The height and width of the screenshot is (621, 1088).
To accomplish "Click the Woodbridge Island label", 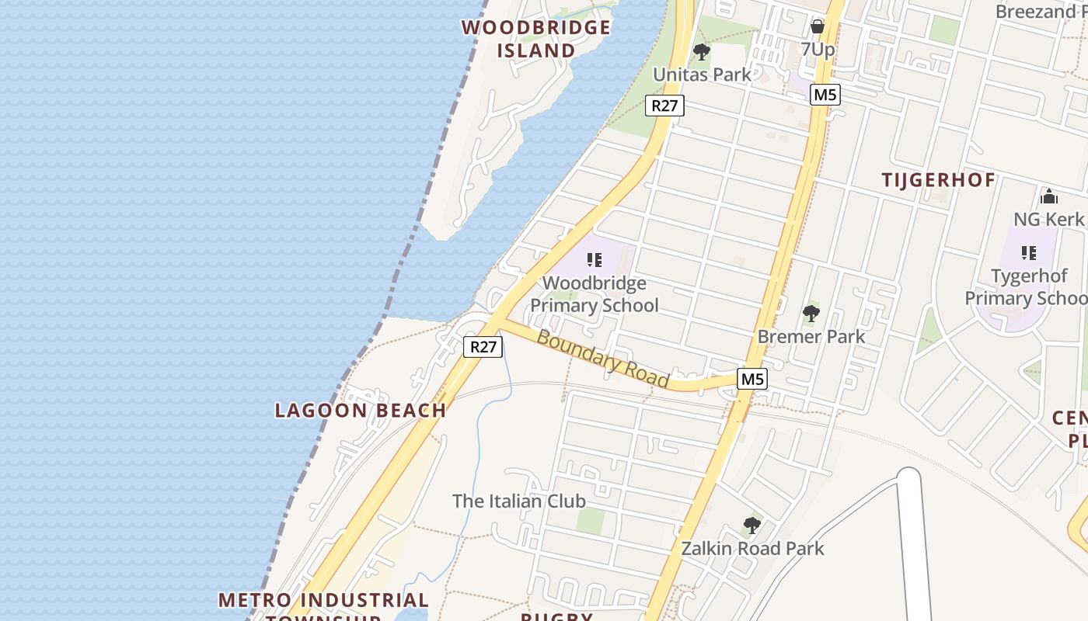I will click(536, 39).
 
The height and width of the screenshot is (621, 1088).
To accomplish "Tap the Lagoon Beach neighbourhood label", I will click(361, 410).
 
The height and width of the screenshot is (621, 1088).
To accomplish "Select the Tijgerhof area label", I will click(938, 180).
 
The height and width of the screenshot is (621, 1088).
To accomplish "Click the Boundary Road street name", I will click(603, 359).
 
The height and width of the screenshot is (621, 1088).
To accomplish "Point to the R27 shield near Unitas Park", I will click(664, 106).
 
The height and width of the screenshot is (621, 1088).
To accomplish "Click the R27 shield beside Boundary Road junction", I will click(483, 346).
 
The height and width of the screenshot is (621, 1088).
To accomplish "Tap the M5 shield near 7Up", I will click(825, 95).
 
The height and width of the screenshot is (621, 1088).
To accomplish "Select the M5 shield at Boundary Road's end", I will click(751, 379).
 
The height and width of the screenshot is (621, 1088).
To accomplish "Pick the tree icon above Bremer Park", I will click(811, 314).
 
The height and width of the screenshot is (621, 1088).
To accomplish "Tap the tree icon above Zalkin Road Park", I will click(751, 526).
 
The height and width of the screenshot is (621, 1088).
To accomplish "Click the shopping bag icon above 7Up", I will click(818, 26).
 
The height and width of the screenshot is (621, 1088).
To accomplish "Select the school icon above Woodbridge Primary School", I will click(595, 260).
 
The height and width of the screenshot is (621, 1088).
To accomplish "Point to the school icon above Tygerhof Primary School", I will click(1029, 252).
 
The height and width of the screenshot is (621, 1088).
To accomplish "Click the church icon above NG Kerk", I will click(1048, 196).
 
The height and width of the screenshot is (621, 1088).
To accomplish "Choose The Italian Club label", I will click(519, 501).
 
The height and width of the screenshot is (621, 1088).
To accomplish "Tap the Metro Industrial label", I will click(323, 600).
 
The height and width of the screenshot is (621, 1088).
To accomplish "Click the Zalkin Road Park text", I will click(752, 548).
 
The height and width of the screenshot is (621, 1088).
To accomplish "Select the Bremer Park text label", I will click(811, 336).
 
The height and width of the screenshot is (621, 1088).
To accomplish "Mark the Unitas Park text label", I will click(702, 75).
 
